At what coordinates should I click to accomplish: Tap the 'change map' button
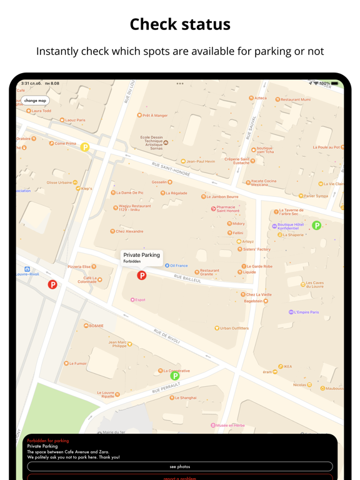click(35, 101)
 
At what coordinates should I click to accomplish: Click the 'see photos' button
click(180, 466)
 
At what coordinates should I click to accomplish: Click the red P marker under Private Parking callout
click(142, 275)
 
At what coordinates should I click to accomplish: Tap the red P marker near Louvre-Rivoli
click(52, 284)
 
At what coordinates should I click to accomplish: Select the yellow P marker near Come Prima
click(85, 147)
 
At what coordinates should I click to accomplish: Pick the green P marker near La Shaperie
click(316, 226)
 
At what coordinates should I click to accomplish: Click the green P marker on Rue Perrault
click(175, 376)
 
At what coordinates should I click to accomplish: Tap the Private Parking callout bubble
click(141, 257)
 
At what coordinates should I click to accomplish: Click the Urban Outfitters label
click(234, 328)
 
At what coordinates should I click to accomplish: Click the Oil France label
click(178, 266)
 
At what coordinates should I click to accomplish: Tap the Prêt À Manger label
click(154, 116)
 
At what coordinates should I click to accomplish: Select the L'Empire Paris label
click(306, 312)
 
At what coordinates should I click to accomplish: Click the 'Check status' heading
click(180, 24)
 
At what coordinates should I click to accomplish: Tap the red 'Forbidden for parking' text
click(48, 441)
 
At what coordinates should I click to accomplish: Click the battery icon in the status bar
click(335, 83)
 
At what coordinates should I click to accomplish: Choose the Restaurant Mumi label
click(295, 99)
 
